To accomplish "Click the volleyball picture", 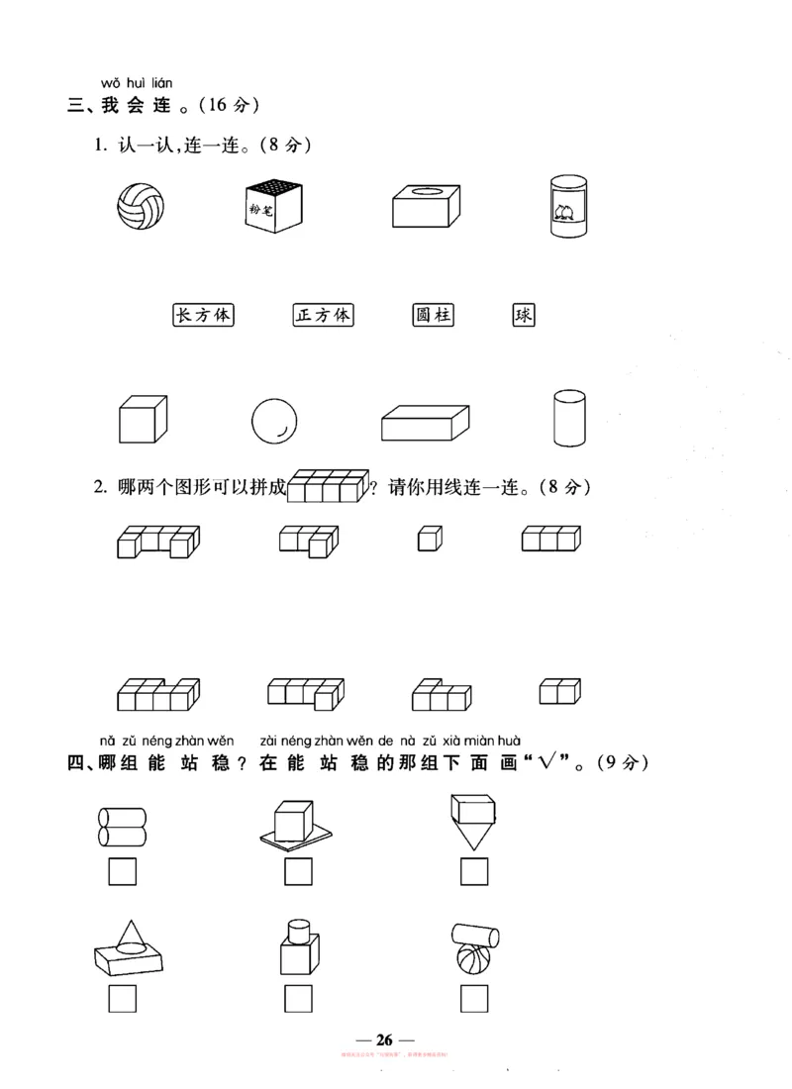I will point(141,206).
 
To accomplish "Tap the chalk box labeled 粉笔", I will point(273,207).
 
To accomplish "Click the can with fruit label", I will point(568,206).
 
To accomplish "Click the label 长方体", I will point(203,316).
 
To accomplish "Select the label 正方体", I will point(324,316).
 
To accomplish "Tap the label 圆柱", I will point(434,316).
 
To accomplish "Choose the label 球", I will point(524,316).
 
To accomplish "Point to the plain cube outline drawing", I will point(143,421).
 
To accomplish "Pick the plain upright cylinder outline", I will point(568,420).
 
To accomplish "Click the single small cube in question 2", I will point(430,539).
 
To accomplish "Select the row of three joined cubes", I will point(551,538).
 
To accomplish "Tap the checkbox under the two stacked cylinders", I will point(122,872).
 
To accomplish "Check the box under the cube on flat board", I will point(298,872).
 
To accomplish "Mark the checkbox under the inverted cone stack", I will point(474,872).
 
